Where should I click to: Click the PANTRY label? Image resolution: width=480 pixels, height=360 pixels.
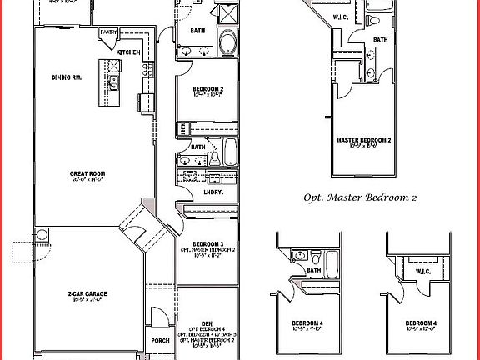point(107,32)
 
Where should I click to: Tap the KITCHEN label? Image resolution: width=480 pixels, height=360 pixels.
point(128,52)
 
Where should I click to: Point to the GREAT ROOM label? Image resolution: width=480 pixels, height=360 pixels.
point(85,174)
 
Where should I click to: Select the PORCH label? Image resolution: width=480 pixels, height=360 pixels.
point(162,340)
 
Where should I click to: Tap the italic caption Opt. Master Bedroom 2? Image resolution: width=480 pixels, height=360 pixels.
point(361,198)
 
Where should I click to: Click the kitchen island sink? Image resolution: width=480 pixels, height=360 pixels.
point(113,80)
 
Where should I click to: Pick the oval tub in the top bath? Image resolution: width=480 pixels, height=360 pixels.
point(226,43)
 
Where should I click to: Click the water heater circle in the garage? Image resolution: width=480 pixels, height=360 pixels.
point(39,236)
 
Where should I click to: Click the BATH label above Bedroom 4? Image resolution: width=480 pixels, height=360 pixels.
point(314,270)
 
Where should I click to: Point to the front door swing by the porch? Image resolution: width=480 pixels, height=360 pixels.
point(156,318)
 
